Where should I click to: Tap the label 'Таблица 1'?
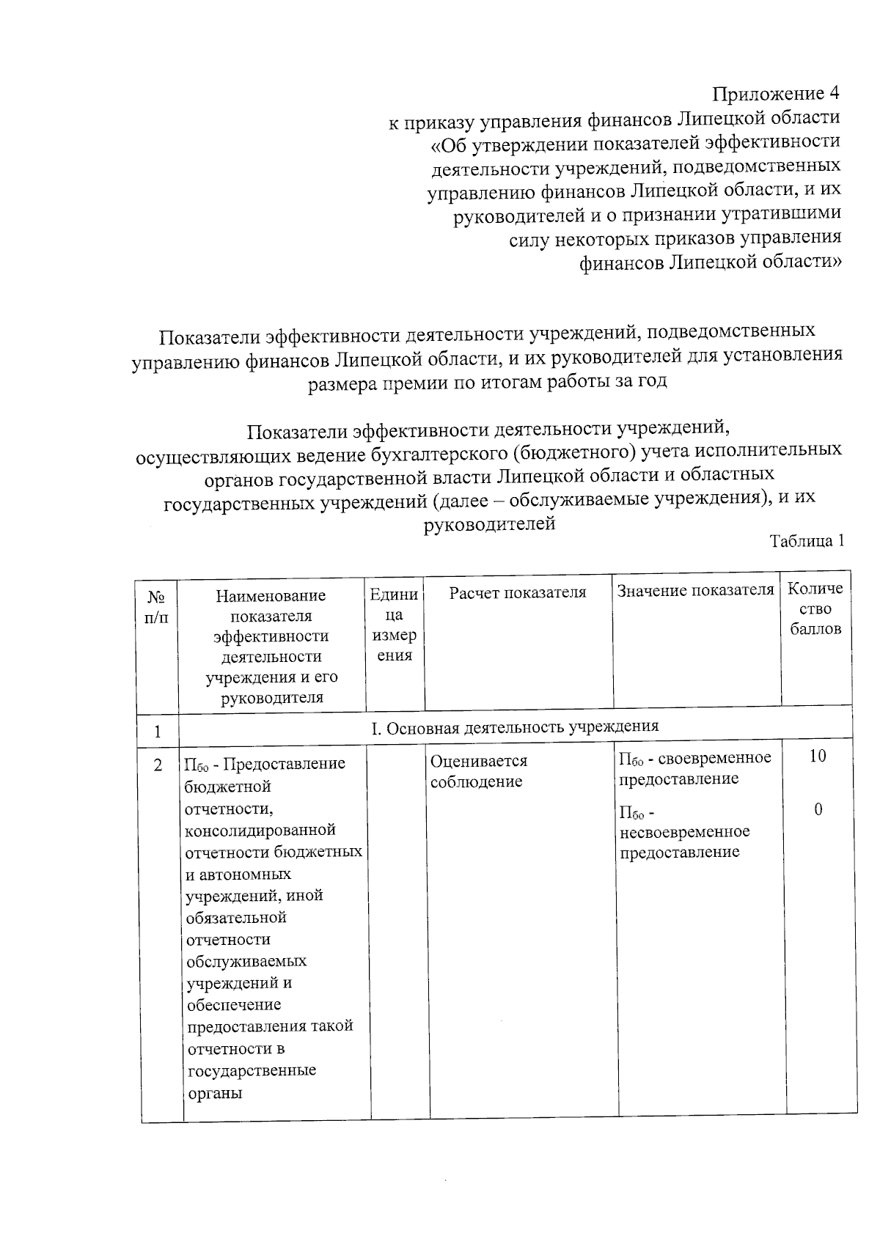pos(806,541)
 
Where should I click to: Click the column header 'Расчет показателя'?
pos(518,592)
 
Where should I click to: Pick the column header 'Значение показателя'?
pos(695,591)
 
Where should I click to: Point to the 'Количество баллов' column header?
pos(815,608)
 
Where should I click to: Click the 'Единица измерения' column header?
pos(395,625)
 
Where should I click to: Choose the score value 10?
pos(817,757)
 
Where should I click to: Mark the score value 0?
pos(818,809)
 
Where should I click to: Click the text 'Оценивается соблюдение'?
pos(478,771)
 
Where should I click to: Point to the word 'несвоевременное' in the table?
pos(684,832)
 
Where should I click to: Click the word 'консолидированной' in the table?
pos(260,830)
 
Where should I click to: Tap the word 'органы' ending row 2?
pos(214,1093)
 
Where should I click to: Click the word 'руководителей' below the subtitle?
pos(490,523)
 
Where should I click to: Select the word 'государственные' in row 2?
pos(252,1070)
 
